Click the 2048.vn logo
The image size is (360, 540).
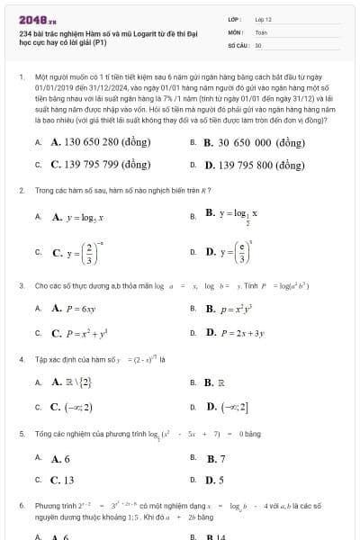tap(37, 18)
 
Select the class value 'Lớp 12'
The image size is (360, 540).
tap(263, 18)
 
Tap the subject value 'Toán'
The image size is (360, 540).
tap(261, 31)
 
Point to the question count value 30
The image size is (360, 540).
tap(258, 43)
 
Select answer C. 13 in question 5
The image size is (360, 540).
tap(62, 480)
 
